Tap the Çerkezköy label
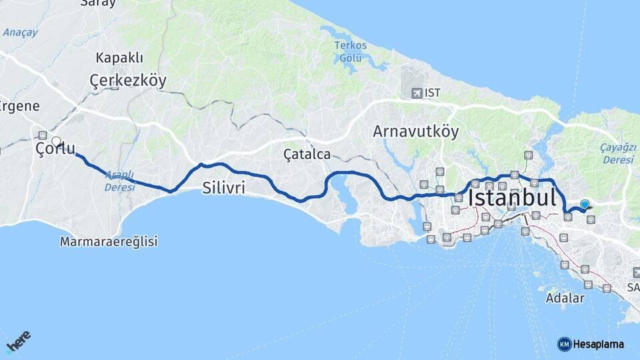[127, 81]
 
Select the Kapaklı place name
[119, 57]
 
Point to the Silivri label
[223, 189]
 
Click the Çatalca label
[307, 155]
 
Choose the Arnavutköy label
[415, 131]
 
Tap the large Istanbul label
[512, 198]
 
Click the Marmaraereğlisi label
[109, 241]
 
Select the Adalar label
[565, 298]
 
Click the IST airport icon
[417, 93]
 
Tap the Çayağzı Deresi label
[600, 154]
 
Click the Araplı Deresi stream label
[119, 181]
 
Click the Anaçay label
[20, 32]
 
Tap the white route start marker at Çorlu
[56, 141]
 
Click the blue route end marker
[585, 204]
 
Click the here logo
[19, 343]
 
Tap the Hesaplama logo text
[599, 344]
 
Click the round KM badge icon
[564, 344]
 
